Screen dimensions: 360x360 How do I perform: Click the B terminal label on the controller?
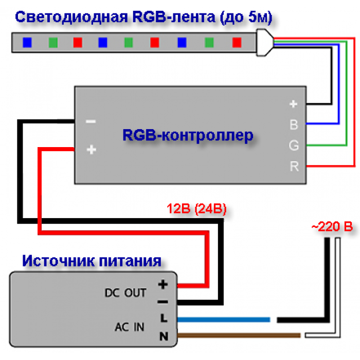[294, 124]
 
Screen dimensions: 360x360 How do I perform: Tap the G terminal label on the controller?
[294, 146]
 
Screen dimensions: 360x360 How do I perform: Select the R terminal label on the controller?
[294, 166]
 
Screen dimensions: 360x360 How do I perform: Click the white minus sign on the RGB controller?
[91, 121]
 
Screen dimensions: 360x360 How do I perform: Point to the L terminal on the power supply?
[164, 318]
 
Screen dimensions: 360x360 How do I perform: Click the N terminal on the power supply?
[164, 336]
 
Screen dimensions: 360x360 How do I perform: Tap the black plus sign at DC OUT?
[163, 285]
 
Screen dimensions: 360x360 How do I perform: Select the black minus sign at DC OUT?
[163, 302]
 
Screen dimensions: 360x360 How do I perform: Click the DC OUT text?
[125, 293]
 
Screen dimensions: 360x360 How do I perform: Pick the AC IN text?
[130, 327]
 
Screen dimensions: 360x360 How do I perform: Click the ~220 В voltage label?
[332, 227]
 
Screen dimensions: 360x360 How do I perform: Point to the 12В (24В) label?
[196, 209]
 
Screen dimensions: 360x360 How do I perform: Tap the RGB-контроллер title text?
[188, 135]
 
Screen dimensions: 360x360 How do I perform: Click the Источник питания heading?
[92, 261]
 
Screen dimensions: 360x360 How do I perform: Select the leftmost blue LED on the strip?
[27, 43]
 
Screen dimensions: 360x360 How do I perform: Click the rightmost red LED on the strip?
[237, 43]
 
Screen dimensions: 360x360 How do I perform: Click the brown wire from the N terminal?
[239, 335]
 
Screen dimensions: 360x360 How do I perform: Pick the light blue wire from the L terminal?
[224, 319]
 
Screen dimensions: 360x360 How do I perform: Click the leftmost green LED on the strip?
[53, 43]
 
